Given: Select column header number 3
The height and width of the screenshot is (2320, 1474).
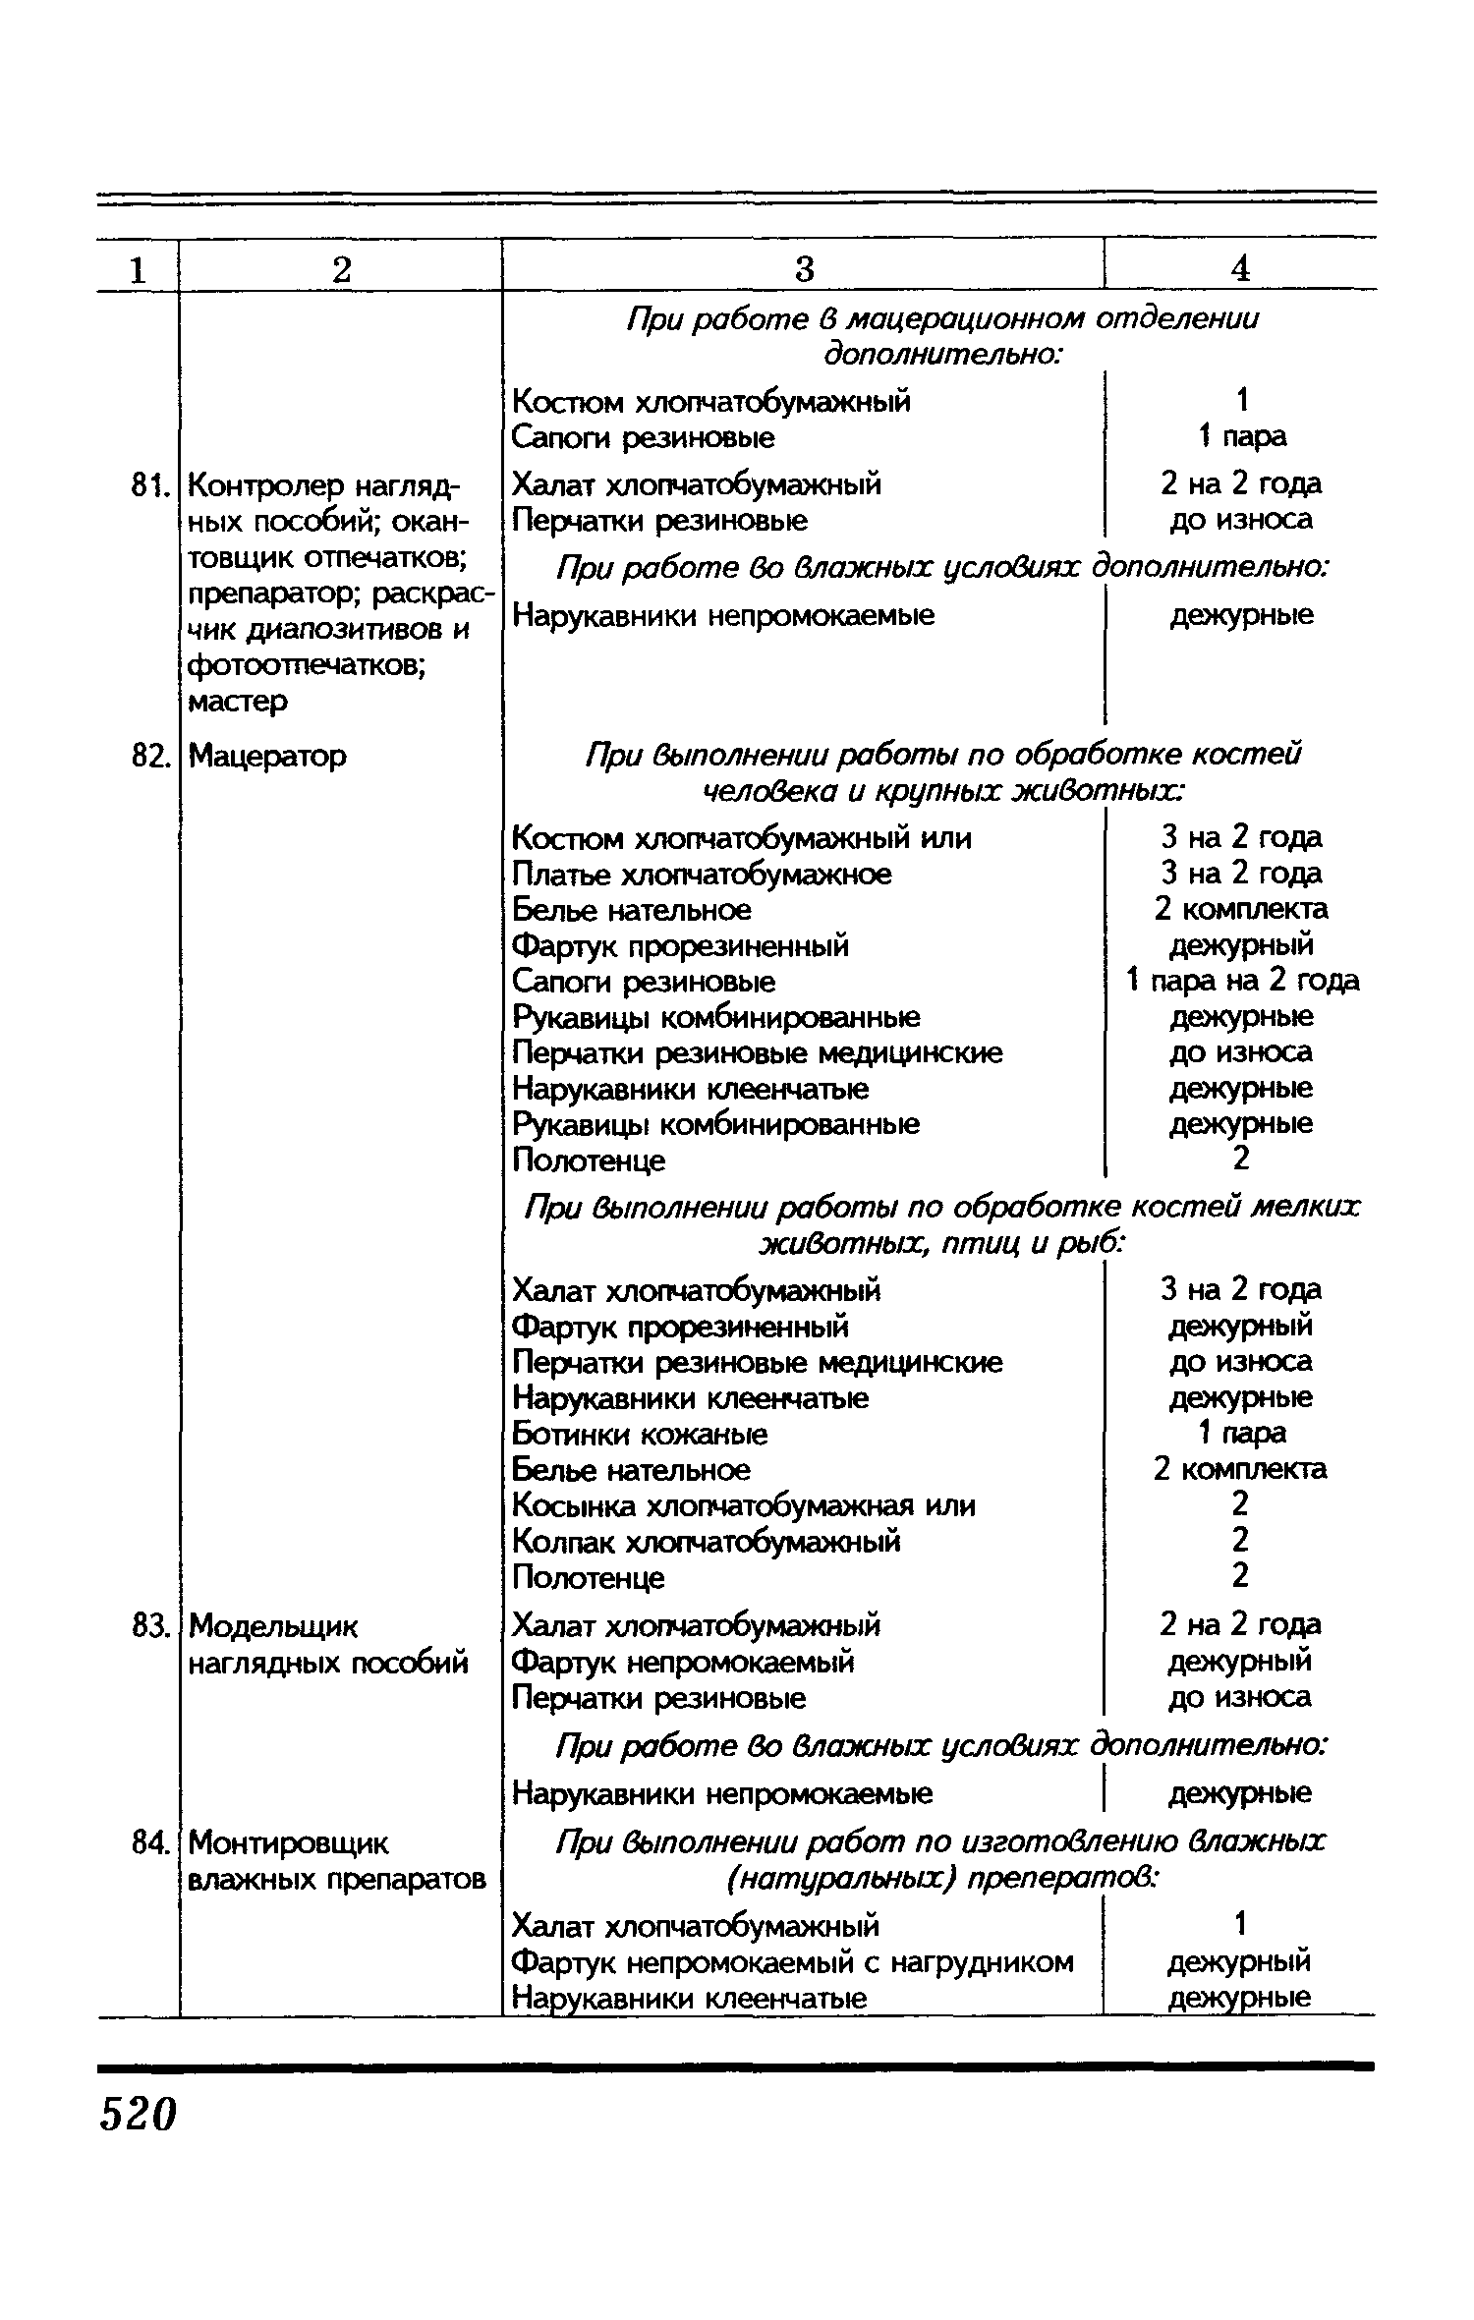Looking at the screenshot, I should click(804, 268).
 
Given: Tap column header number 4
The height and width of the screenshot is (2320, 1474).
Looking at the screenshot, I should click(1240, 268).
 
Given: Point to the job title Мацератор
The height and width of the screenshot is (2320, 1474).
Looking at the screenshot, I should click(267, 756).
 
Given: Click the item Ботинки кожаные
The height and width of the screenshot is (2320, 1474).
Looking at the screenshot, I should click(640, 1434).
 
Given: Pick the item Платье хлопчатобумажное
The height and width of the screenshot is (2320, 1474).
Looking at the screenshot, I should click(702, 874).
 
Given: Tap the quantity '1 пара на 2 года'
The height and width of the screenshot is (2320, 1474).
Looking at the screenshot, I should click(1242, 980).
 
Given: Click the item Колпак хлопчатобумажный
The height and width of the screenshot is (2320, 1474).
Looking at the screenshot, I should click(706, 1542).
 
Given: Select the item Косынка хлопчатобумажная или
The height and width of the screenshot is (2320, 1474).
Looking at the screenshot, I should click(744, 1505).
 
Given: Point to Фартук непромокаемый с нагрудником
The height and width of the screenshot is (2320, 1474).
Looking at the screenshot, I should click(792, 1962).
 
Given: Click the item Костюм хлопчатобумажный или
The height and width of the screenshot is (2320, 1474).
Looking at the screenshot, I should click(742, 838).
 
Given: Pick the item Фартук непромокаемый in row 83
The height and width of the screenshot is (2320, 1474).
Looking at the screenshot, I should click(683, 1662).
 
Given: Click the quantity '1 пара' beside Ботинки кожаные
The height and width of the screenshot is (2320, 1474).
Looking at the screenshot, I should click(1241, 1433).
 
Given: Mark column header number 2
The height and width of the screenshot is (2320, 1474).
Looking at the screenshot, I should click(340, 268).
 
